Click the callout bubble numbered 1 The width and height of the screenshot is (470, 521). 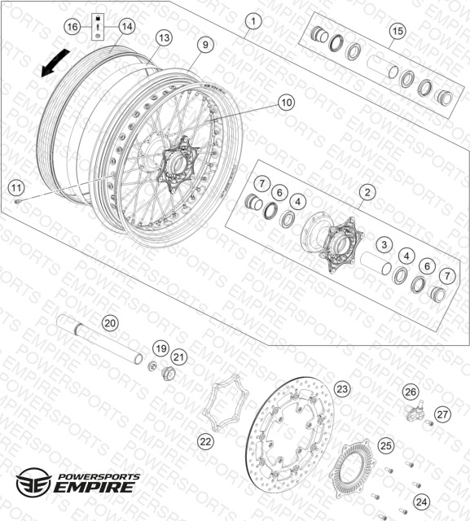click(x=253, y=22)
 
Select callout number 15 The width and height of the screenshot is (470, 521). click(x=398, y=31)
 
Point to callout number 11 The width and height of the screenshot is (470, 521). click(x=16, y=188)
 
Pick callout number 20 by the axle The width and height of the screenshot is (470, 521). click(x=110, y=323)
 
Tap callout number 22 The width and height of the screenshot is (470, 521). click(x=205, y=441)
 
